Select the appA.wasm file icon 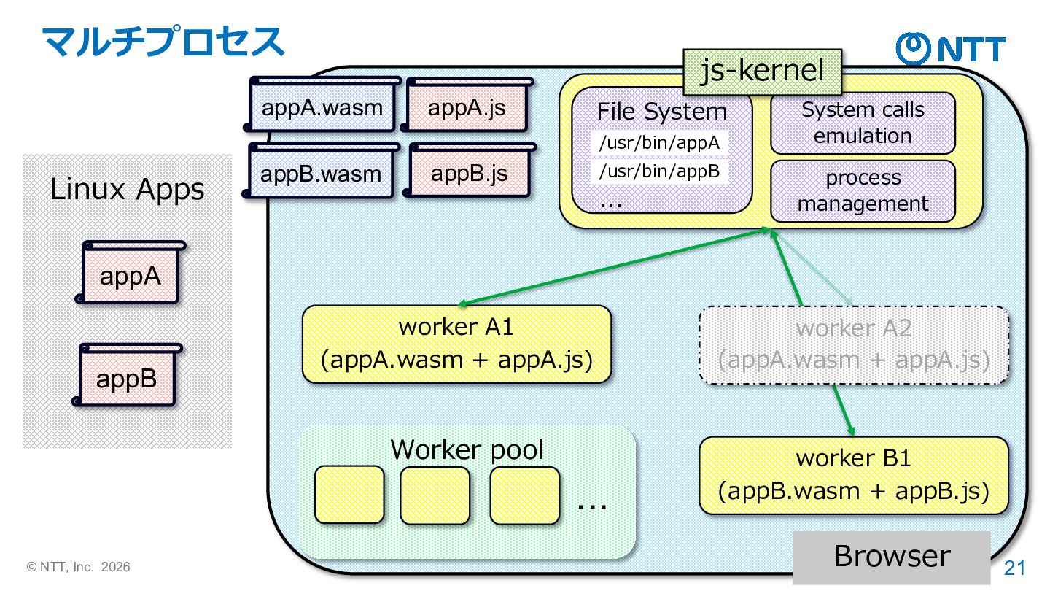tap(322, 108)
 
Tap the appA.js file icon tap(467, 108)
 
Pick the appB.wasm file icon tap(322, 173)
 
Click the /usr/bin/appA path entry tap(659, 143)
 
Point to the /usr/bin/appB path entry tap(659, 171)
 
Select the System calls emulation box tap(863, 123)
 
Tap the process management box tap(863, 190)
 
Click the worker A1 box tap(456, 344)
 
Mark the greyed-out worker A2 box tap(854, 344)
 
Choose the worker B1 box tap(854, 475)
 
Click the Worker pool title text tap(467, 449)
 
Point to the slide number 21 tap(1015, 568)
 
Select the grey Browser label tap(892, 556)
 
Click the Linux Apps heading tap(127, 190)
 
